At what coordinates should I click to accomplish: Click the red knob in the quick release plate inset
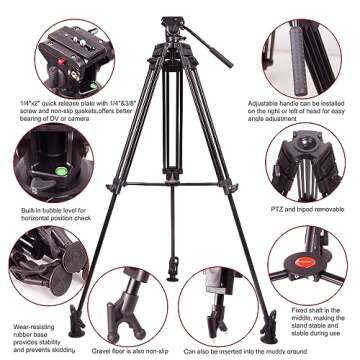pos(61,72)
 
